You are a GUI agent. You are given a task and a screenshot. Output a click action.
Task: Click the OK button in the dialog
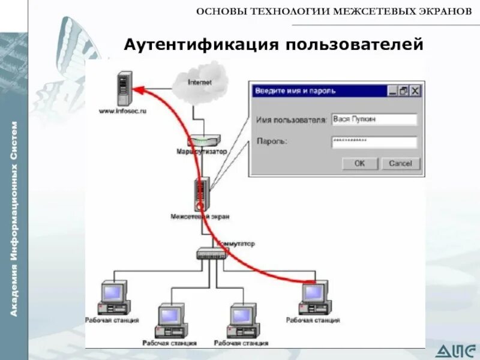pos(359,163)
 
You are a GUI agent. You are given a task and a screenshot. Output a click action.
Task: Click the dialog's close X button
pos(415,91)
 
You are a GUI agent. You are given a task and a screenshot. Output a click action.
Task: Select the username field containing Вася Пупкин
pos(374,119)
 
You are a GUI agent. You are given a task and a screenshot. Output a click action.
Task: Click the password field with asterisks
pos(374,142)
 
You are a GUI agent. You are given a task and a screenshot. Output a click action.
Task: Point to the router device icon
pos(202,142)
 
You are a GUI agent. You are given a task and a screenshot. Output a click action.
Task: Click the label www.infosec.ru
pos(122,111)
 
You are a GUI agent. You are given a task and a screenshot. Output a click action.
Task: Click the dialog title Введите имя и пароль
pos(295,91)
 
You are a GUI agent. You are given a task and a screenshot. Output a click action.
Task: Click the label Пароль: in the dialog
pos(272,142)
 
